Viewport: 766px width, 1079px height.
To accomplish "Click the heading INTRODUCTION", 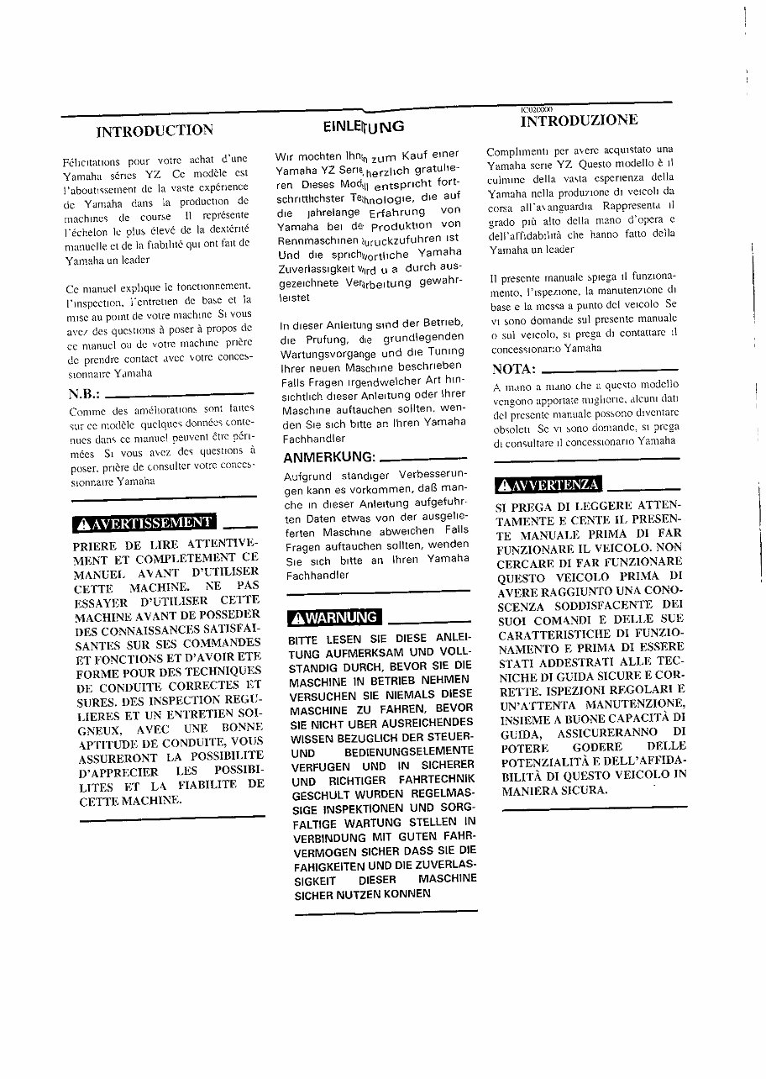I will point(155,130).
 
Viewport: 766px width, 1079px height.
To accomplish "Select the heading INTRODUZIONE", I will point(579,120).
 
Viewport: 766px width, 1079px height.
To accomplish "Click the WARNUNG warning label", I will point(333,618).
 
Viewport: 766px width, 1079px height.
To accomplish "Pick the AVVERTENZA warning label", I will point(548,484).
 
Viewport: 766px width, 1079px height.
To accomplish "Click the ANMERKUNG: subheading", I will point(328,457).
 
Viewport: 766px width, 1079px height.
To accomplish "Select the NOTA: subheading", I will point(513,369).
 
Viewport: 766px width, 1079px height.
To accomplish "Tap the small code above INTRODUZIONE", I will point(536,109).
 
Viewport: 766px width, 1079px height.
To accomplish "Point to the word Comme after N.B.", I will point(86,411).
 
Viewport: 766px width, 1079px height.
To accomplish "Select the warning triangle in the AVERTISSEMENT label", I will point(83,524).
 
